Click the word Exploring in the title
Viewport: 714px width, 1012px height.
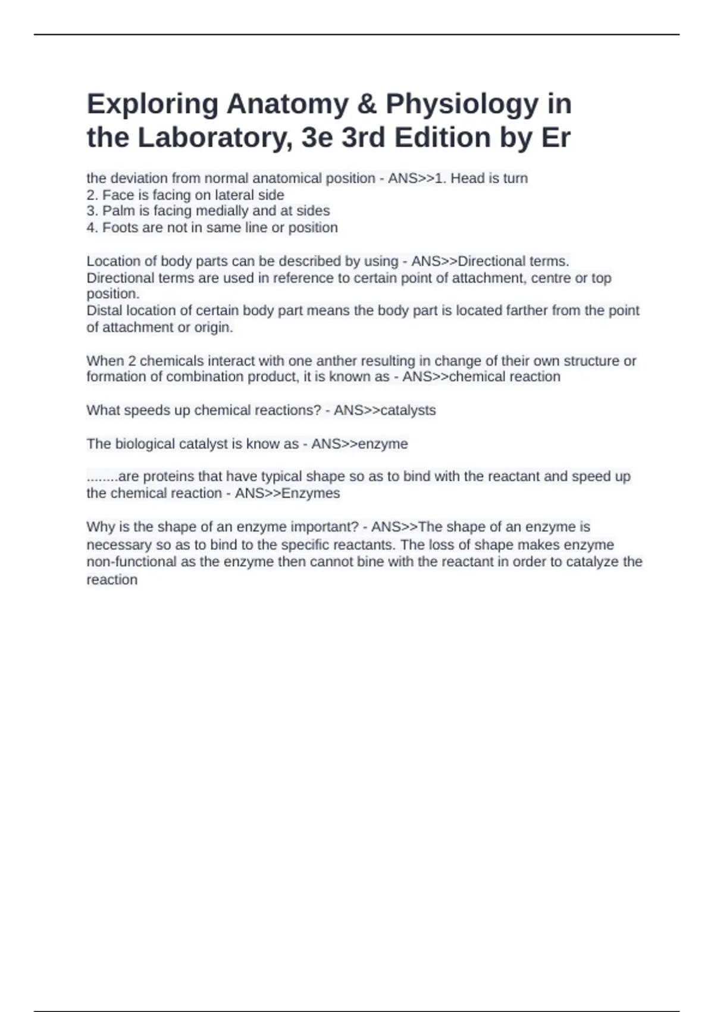[152, 105]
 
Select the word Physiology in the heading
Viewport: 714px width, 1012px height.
[462, 105]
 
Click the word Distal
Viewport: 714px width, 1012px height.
[105, 311]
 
